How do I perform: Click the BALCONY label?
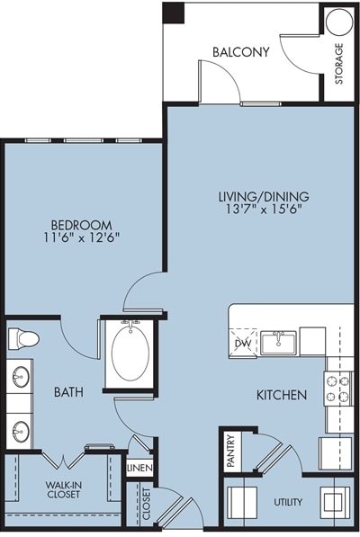[x=241, y=52]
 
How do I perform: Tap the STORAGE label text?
[x=338, y=64]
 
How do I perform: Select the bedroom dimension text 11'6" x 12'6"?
[x=82, y=237]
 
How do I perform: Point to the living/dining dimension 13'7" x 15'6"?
[x=264, y=209]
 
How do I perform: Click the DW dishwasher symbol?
[x=244, y=343]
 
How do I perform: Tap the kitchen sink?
[x=278, y=343]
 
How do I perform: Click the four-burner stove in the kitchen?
[x=337, y=389]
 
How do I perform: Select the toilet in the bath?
[x=23, y=339]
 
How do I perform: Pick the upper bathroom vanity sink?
[x=20, y=377]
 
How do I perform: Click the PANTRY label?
[x=231, y=451]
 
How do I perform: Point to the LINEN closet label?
[x=139, y=468]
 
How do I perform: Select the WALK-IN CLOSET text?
[x=64, y=489]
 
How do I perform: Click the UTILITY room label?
[x=288, y=503]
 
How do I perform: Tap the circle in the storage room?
[x=338, y=21]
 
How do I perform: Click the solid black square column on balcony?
[x=174, y=13]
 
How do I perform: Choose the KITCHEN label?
[x=282, y=395]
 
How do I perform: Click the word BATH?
[x=68, y=392]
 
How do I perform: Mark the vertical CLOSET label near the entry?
[x=147, y=504]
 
